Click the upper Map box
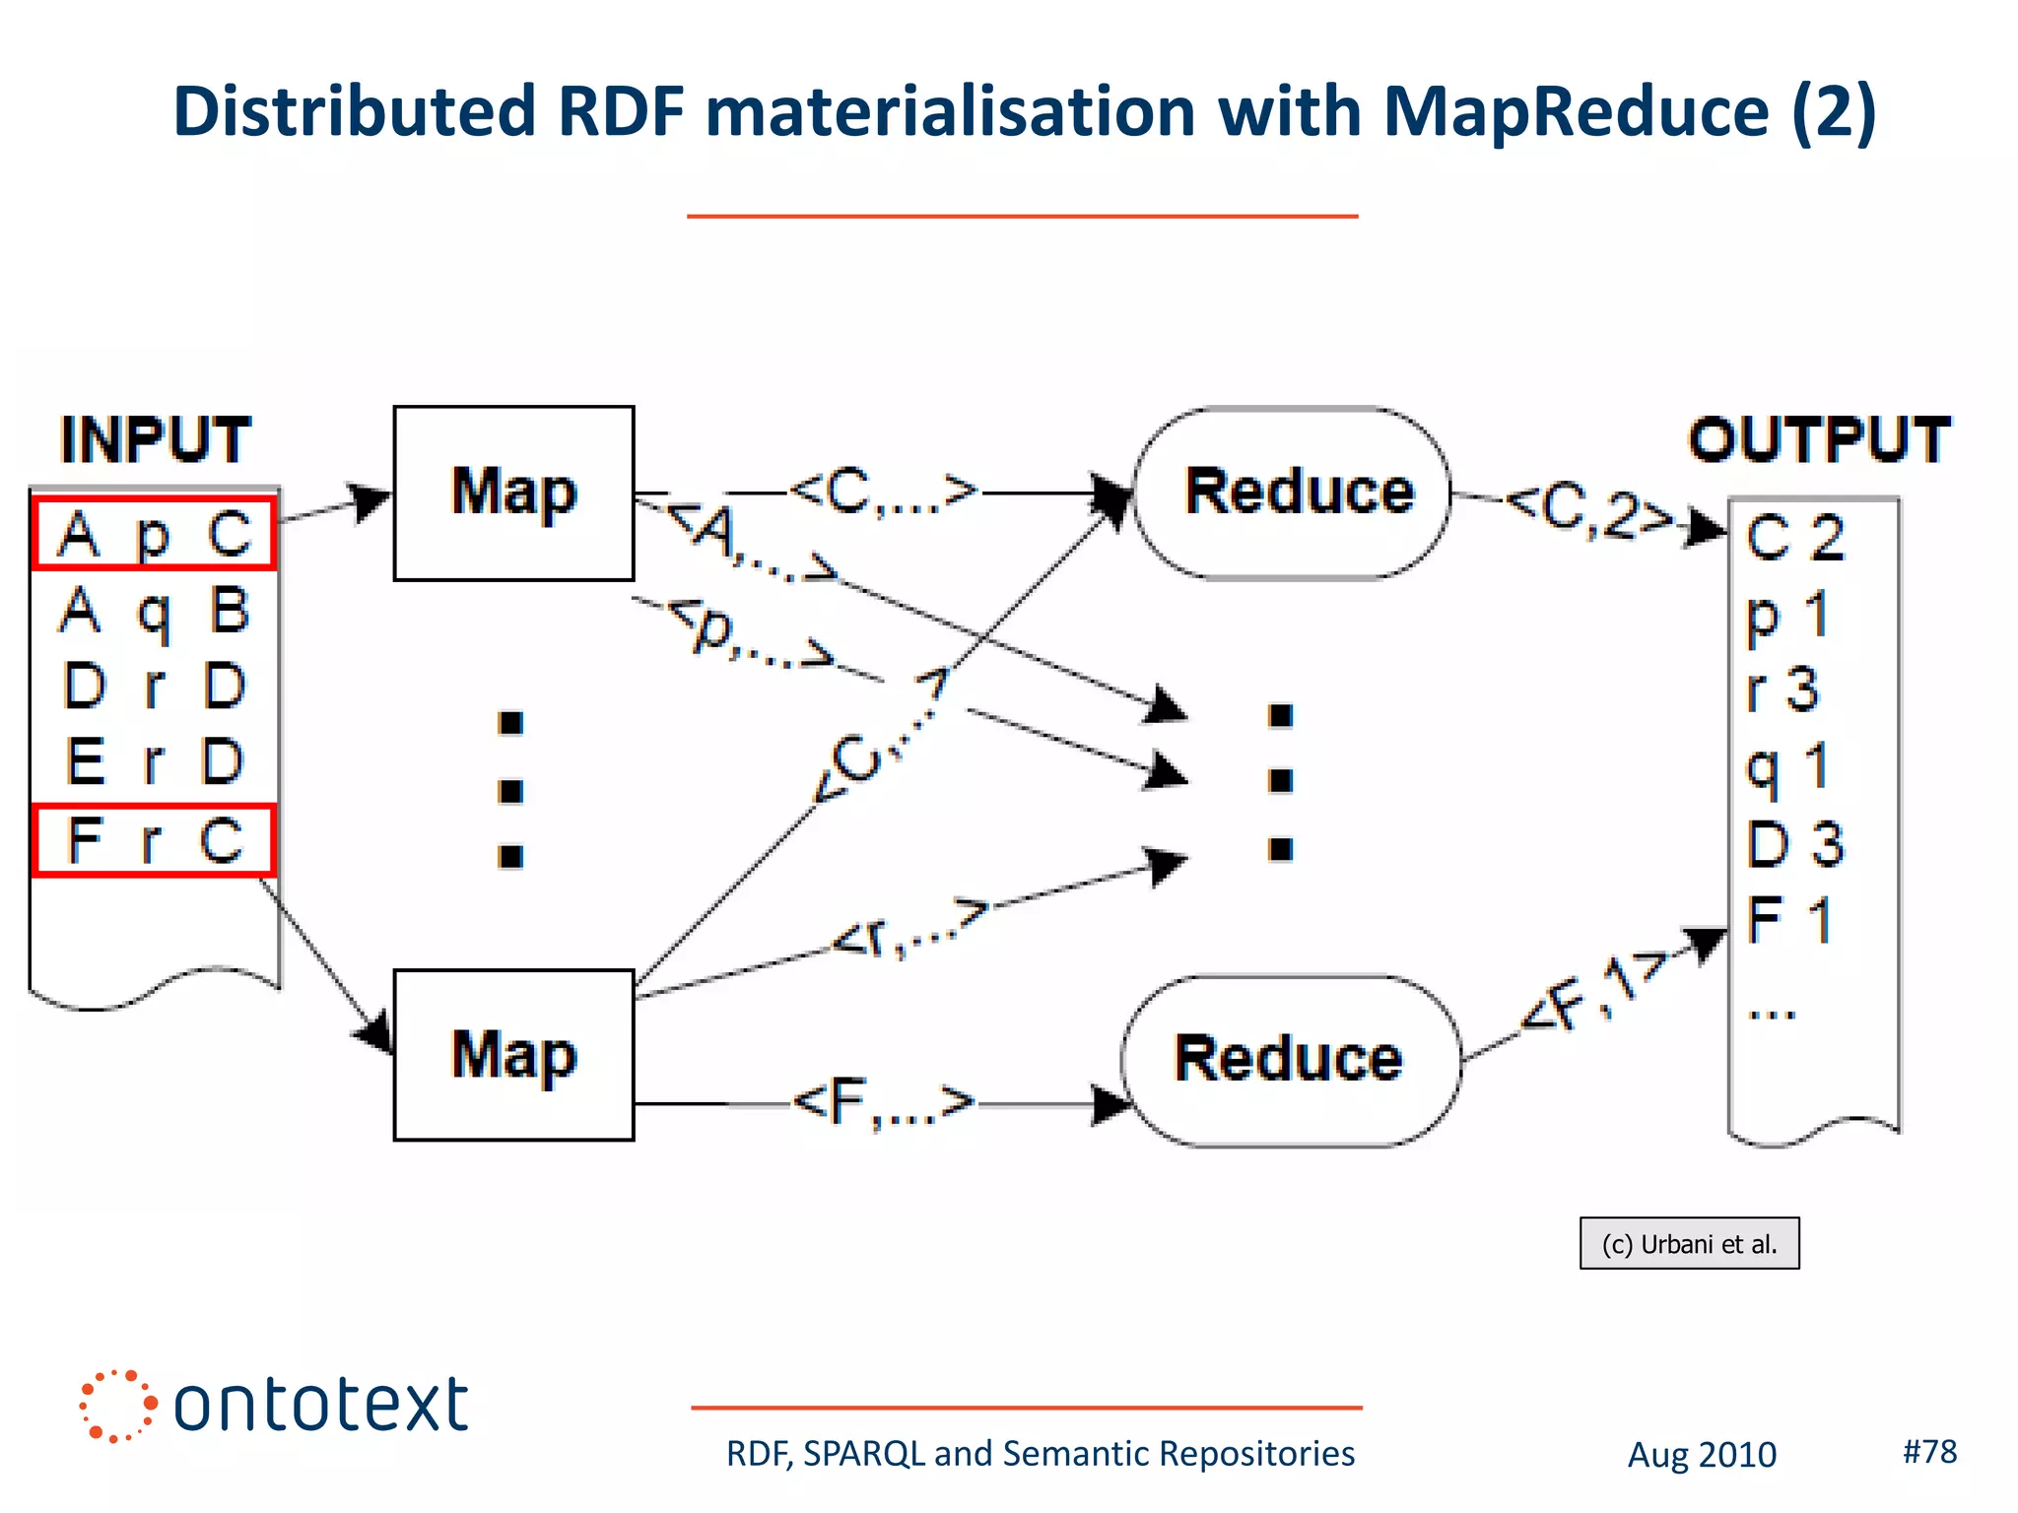[513, 493]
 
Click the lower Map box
[513, 1055]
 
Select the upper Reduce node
[1293, 493]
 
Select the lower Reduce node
[1291, 1060]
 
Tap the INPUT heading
[156, 439]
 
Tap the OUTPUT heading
[1819, 439]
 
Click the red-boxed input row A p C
[154, 534]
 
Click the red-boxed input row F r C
[154, 840]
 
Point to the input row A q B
[154, 611]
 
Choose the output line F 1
[1789, 920]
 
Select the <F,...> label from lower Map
[883, 1102]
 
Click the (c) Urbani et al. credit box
[1689, 1244]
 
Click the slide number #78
[1929, 1451]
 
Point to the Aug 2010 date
[1702, 1455]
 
